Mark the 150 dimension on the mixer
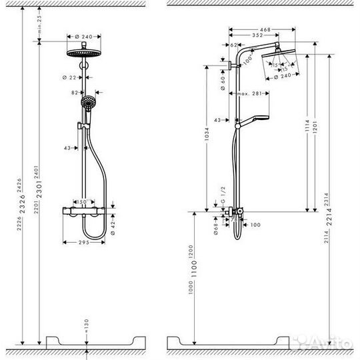83,199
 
